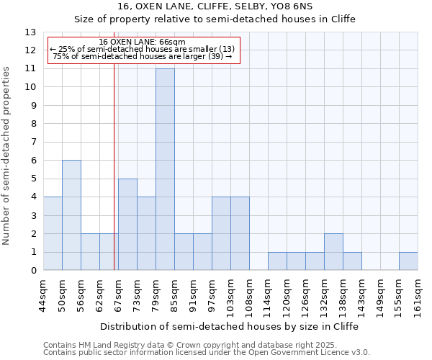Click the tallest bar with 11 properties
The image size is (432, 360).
(x=165, y=169)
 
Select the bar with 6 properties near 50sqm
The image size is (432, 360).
(x=71, y=215)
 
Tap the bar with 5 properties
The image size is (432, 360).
(x=127, y=224)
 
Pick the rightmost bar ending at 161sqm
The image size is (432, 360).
(x=408, y=261)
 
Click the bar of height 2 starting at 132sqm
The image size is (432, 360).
(x=333, y=251)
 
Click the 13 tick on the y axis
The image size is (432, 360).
(x=30, y=32)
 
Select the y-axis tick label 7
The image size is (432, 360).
(x=33, y=143)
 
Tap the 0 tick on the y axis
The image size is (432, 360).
(x=33, y=271)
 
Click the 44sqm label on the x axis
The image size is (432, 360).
(x=43, y=294)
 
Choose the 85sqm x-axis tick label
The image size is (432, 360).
(x=174, y=294)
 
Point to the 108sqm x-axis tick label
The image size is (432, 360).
(x=249, y=296)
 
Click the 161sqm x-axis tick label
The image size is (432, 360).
(x=418, y=296)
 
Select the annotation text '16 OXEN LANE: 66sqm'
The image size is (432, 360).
(x=143, y=42)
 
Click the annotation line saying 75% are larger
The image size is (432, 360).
(x=143, y=56)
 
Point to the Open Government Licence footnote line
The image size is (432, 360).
(x=207, y=353)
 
